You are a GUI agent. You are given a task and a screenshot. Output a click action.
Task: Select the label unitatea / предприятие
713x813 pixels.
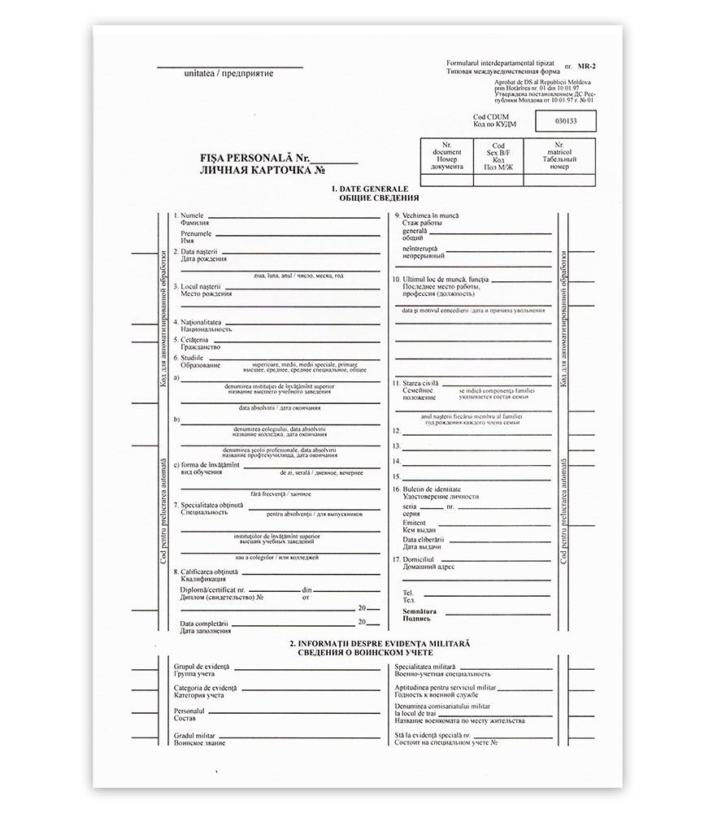[228, 74]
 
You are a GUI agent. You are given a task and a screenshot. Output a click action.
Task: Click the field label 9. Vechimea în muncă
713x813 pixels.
[425, 215]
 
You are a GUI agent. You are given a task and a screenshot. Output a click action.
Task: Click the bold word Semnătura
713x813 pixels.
[420, 611]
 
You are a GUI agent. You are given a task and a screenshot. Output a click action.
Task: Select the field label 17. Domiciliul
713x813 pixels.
[413, 559]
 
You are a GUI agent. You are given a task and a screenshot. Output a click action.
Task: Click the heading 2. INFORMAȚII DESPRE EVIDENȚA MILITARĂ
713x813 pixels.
[380, 643]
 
